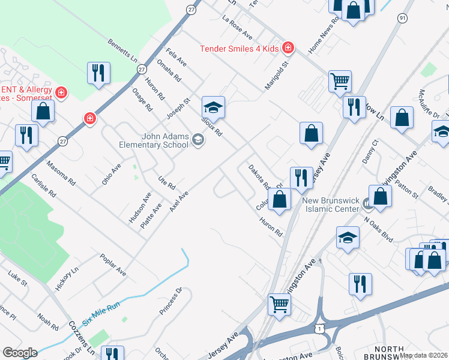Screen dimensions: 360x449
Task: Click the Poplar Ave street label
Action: tap(113, 264)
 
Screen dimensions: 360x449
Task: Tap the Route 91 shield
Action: tap(402, 19)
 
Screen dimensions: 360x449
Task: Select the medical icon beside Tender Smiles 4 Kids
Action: tap(288, 47)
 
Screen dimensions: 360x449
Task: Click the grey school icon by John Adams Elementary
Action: tap(197, 140)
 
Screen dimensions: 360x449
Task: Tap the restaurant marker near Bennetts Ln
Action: tap(97, 73)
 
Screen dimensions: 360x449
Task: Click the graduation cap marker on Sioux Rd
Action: tap(212, 107)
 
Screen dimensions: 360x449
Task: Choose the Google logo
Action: tap(20, 353)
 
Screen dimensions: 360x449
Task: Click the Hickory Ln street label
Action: tap(67, 280)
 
